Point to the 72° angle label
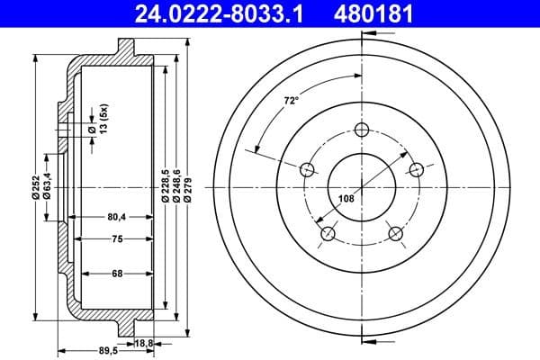click(x=291, y=102)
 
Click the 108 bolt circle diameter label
click(x=346, y=199)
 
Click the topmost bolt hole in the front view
click(x=362, y=129)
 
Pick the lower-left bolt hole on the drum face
click(x=328, y=234)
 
